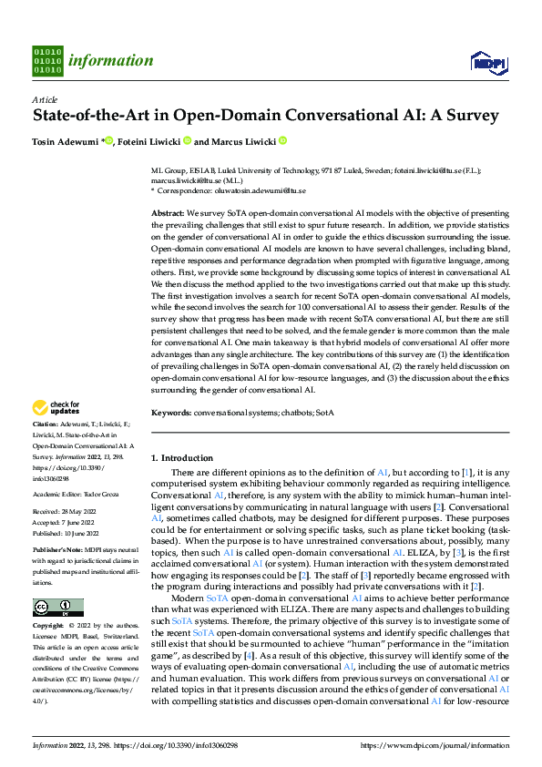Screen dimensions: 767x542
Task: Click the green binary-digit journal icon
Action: click(x=46, y=61)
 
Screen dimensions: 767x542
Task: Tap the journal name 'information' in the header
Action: click(x=110, y=61)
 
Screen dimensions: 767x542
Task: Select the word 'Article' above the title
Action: click(x=45, y=99)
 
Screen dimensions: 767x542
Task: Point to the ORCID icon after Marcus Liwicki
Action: click(x=282, y=141)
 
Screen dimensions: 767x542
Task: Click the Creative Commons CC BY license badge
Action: click(x=57, y=608)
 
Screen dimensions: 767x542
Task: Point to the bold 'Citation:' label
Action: click(x=46, y=425)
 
